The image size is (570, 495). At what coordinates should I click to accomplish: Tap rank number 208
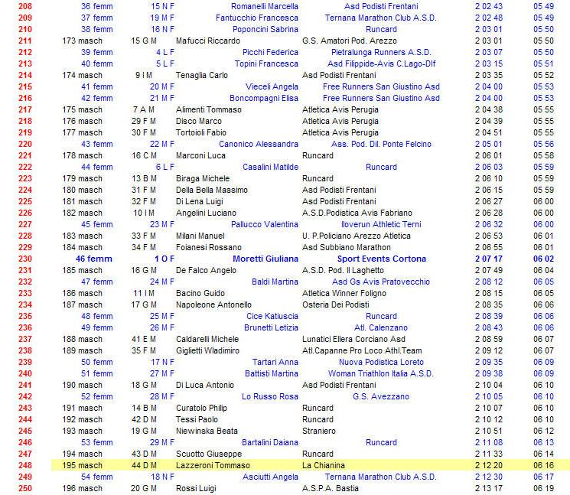click(24, 6)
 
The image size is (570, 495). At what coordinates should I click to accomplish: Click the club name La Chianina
click(324, 465)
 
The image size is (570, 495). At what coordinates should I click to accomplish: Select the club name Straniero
click(320, 431)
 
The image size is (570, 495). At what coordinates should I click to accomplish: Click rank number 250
click(24, 488)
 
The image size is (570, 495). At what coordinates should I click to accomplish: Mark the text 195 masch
click(82, 465)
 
